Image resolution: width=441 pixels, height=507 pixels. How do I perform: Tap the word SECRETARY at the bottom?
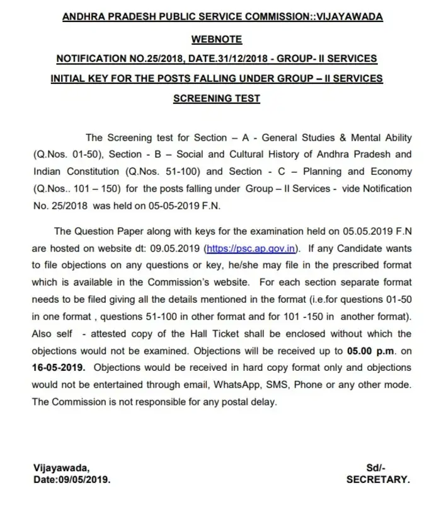pyautogui.click(x=378, y=479)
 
